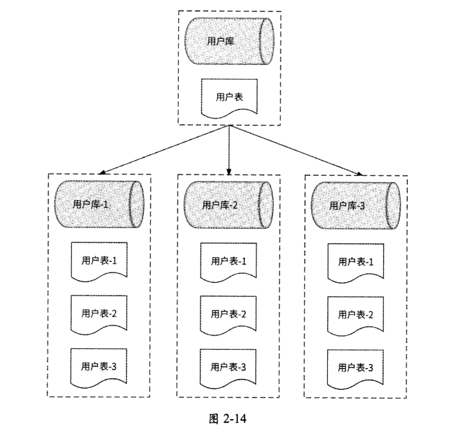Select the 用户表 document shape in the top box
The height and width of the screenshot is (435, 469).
(x=229, y=97)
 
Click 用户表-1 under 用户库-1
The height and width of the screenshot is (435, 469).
(x=99, y=260)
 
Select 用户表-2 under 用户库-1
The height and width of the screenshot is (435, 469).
(x=99, y=313)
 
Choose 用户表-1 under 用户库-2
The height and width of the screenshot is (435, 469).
(x=227, y=260)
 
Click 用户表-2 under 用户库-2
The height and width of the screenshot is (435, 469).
(x=227, y=313)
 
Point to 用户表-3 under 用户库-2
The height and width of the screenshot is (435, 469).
(x=227, y=367)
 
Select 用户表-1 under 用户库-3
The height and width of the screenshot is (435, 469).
(x=356, y=261)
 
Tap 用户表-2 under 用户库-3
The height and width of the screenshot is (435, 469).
(x=356, y=315)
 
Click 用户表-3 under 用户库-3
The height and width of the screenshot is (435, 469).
(x=356, y=367)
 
